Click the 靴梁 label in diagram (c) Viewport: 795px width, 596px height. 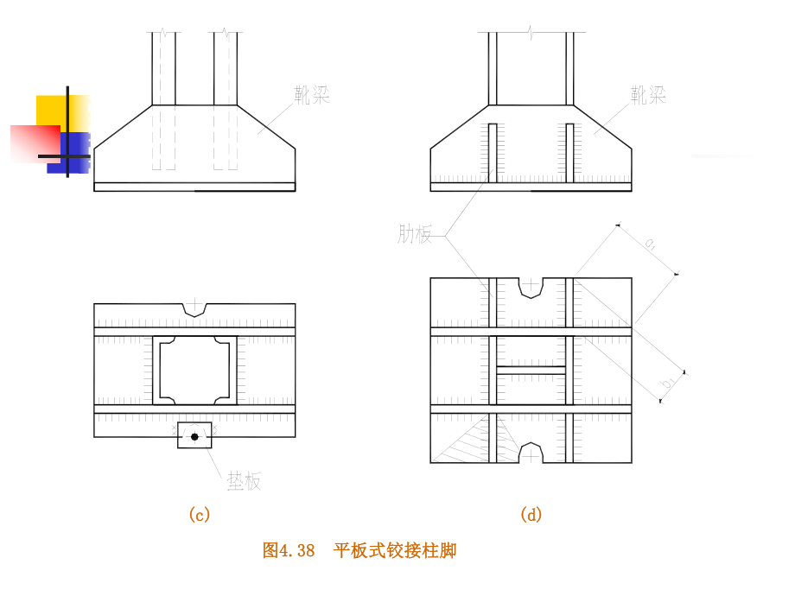(312, 95)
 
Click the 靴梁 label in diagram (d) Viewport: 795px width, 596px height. (648, 95)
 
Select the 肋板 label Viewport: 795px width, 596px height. (415, 234)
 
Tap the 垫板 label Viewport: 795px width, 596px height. (244, 482)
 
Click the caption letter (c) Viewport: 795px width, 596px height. (199, 515)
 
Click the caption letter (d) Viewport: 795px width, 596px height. (531, 515)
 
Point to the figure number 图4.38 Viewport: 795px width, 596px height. (289, 550)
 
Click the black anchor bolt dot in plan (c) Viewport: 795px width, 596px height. (194, 436)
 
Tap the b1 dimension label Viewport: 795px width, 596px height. (668, 382)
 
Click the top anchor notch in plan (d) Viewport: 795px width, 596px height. (531, 287)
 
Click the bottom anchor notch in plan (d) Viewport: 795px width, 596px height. (531, 453)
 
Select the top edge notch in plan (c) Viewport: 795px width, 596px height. (195, 308)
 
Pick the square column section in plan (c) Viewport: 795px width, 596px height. (195, 370)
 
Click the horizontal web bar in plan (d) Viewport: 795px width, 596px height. (531, 370)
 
